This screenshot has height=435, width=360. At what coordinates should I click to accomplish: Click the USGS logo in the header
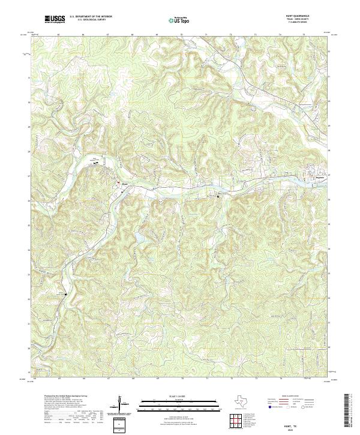(x=55, y=19)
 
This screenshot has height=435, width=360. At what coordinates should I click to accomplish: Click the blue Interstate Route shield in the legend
(x=269, y=406)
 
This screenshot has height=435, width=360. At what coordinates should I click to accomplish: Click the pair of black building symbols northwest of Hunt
(x=95, y=161)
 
